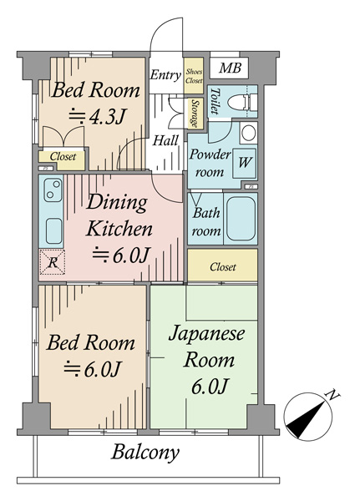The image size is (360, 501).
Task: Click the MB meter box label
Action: point(230,68)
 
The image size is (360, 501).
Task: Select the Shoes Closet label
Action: point(194,76)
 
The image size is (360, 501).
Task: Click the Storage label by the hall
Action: point(195,114)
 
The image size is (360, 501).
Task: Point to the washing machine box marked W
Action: point(244,164)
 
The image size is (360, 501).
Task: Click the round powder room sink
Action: point(248,133)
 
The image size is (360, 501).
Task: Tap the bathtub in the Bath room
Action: point(241,219)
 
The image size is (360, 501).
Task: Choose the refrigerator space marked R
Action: point(52,262)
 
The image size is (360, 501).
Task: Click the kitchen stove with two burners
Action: point(53,190)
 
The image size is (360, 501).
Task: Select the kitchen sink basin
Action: point(53,231)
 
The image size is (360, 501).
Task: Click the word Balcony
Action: point(145,453)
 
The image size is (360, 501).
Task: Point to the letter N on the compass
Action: point(332,395)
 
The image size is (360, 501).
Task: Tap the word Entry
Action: point(165,75)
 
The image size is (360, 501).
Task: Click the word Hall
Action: point(165,140)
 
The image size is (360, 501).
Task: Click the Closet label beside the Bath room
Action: point(223,267)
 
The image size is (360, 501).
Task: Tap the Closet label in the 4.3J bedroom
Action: point(63,157)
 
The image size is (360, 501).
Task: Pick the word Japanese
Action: point(206,335)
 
